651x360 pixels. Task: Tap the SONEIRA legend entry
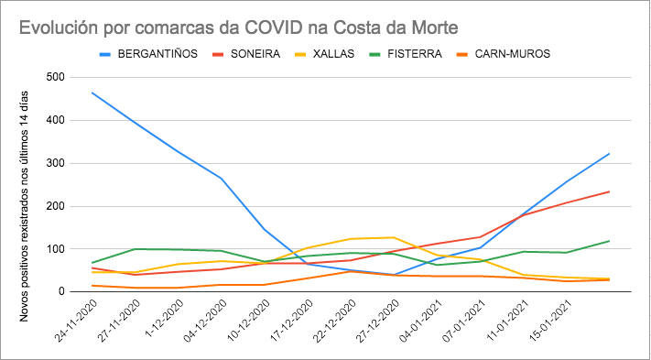255,54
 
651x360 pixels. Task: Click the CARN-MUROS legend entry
512,54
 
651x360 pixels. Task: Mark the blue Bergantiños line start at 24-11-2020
92,93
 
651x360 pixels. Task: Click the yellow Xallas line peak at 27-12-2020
394,237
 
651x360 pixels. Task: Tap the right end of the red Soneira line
610,191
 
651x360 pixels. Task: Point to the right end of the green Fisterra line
610,241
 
